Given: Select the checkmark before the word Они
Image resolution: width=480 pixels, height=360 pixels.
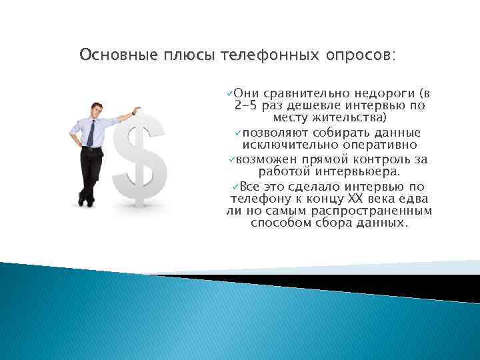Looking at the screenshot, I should coord(229,93).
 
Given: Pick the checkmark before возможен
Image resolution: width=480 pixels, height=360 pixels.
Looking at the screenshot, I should coord(231,159).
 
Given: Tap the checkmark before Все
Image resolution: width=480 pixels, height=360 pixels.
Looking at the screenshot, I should coord(235,185).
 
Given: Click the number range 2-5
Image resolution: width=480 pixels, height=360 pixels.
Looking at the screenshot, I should coord(248,106).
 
